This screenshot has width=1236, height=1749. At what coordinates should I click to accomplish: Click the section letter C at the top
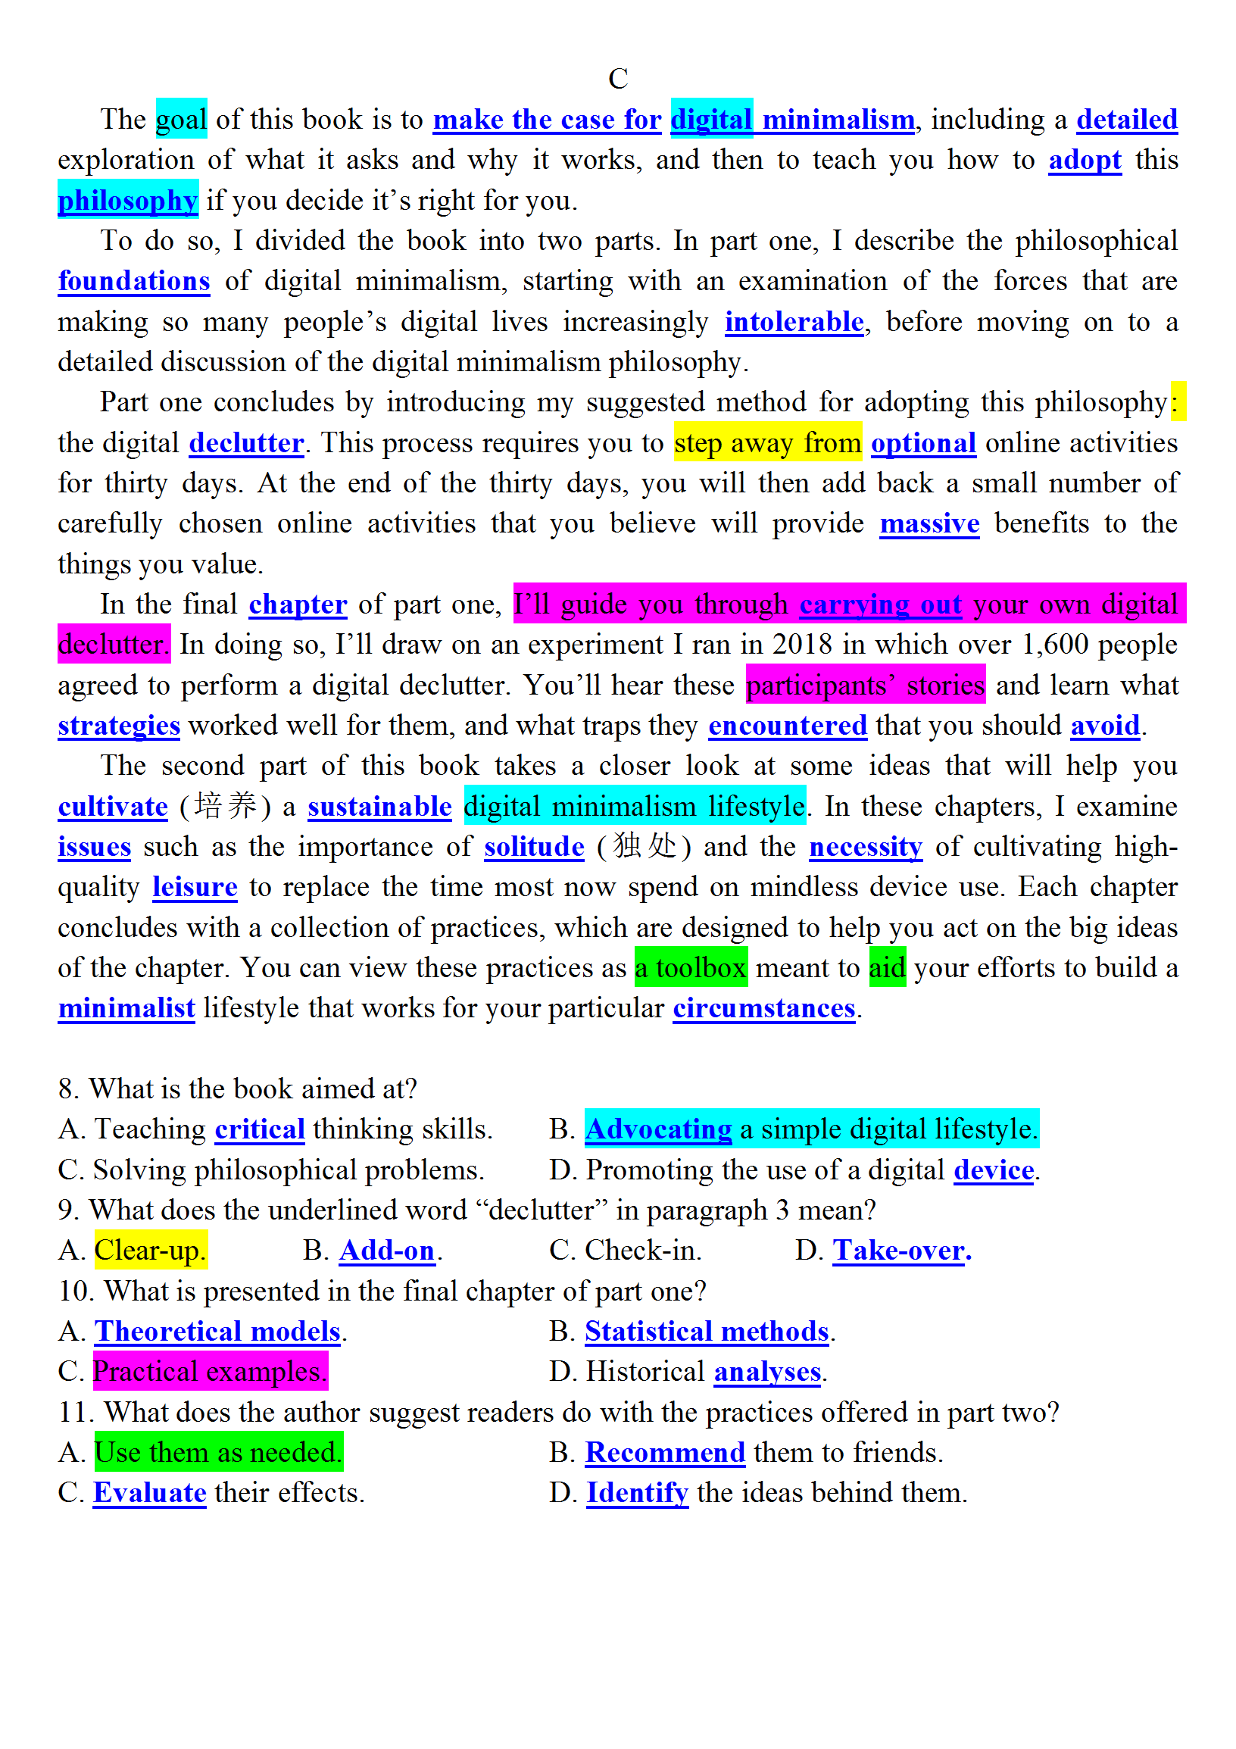click(x=617, y=80)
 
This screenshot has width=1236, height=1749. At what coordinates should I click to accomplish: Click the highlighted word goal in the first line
click(x=181, y=120)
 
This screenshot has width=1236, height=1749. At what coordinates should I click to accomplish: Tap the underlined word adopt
click(x=1085, y=160)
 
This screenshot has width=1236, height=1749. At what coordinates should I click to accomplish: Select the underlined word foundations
click(x=134, y=281)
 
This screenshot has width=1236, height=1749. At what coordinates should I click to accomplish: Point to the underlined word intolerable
click(x=794, y=322)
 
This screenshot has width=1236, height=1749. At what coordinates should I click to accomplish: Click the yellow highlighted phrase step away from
click(x=768, y=442)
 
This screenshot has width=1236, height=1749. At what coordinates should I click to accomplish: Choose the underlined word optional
click(x=923, y=442)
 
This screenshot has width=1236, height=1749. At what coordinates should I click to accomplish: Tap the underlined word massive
click(x=929, y=523)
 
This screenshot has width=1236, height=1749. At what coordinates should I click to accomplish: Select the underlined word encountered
click(x=788, y=725)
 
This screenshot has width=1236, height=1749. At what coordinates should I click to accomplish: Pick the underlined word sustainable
click(x=379, y=806)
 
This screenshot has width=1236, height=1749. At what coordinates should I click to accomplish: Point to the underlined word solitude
click(x=534, y=846)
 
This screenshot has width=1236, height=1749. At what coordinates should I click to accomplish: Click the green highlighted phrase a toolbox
click(x=691, y=967)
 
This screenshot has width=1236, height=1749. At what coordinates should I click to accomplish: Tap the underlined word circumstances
click(x=764, y=1007)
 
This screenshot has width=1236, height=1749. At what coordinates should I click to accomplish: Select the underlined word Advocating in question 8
click(x=658, y=1129)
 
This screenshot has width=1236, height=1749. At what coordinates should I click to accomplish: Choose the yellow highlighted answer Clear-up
click(x=150, y=1250)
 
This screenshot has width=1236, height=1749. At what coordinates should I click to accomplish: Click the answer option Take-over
click(x=899, y=1250)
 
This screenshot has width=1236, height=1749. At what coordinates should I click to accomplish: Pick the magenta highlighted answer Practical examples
click(x=211, y=1371)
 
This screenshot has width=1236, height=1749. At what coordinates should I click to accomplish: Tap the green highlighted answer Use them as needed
click(x=218, y=1452)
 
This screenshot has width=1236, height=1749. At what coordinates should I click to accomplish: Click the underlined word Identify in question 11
click(x=637, y=1492)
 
